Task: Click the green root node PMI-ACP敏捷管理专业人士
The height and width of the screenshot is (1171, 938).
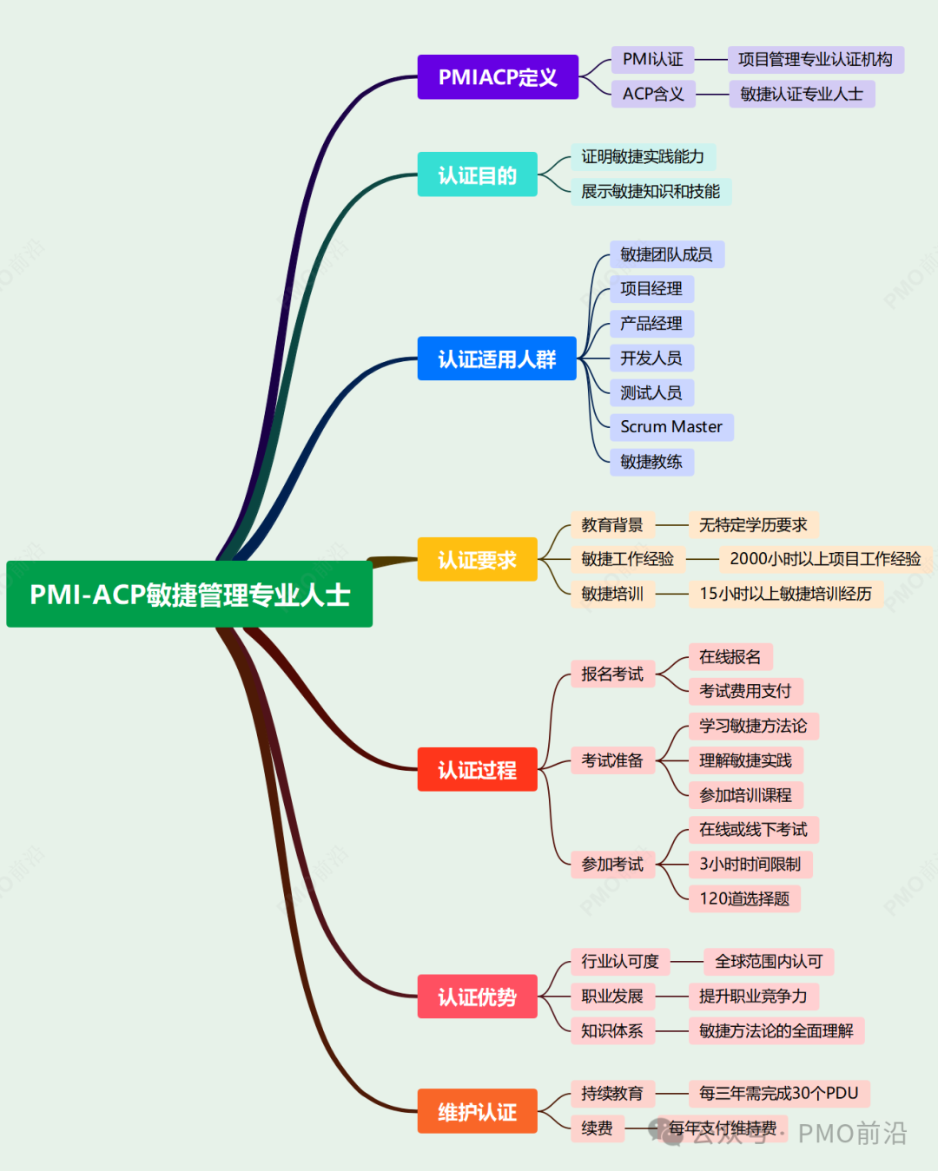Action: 189,595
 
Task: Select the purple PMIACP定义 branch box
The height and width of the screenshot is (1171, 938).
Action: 498,77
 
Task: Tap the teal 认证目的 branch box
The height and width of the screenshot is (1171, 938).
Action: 477,174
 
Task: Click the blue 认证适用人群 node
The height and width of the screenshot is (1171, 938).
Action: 497,359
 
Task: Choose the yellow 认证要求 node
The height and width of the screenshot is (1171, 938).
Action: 477,560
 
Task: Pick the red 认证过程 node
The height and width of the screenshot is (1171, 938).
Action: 477,769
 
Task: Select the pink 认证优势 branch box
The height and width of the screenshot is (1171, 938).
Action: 477,997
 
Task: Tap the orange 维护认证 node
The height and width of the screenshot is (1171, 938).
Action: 477,1111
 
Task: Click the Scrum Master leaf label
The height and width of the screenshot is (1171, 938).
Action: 671,427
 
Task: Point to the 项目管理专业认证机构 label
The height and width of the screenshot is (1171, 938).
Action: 815,59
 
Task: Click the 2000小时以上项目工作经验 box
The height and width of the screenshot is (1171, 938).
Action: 825,559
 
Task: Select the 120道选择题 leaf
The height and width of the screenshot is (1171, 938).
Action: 744,898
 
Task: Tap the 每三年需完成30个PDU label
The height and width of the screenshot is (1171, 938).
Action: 778,1093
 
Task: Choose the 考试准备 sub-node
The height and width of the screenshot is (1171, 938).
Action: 612,760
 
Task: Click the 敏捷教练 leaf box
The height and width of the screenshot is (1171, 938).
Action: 651,462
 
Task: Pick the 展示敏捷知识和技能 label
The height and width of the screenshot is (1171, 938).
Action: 651,191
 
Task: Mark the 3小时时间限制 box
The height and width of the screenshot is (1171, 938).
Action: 750,864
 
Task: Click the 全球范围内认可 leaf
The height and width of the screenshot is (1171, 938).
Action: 769,961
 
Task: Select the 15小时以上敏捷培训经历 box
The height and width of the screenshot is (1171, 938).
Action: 785,594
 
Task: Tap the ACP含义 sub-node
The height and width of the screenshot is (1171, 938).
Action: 653,94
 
